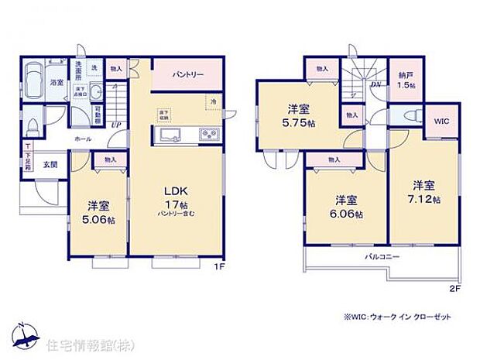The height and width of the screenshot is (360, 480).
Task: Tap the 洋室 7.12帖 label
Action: tap(427, 191)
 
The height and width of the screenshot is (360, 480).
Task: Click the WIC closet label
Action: tap(441, 121)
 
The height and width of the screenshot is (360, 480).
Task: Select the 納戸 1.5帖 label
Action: tap(404, 80)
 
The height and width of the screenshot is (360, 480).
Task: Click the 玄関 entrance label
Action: tap(50, 163)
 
